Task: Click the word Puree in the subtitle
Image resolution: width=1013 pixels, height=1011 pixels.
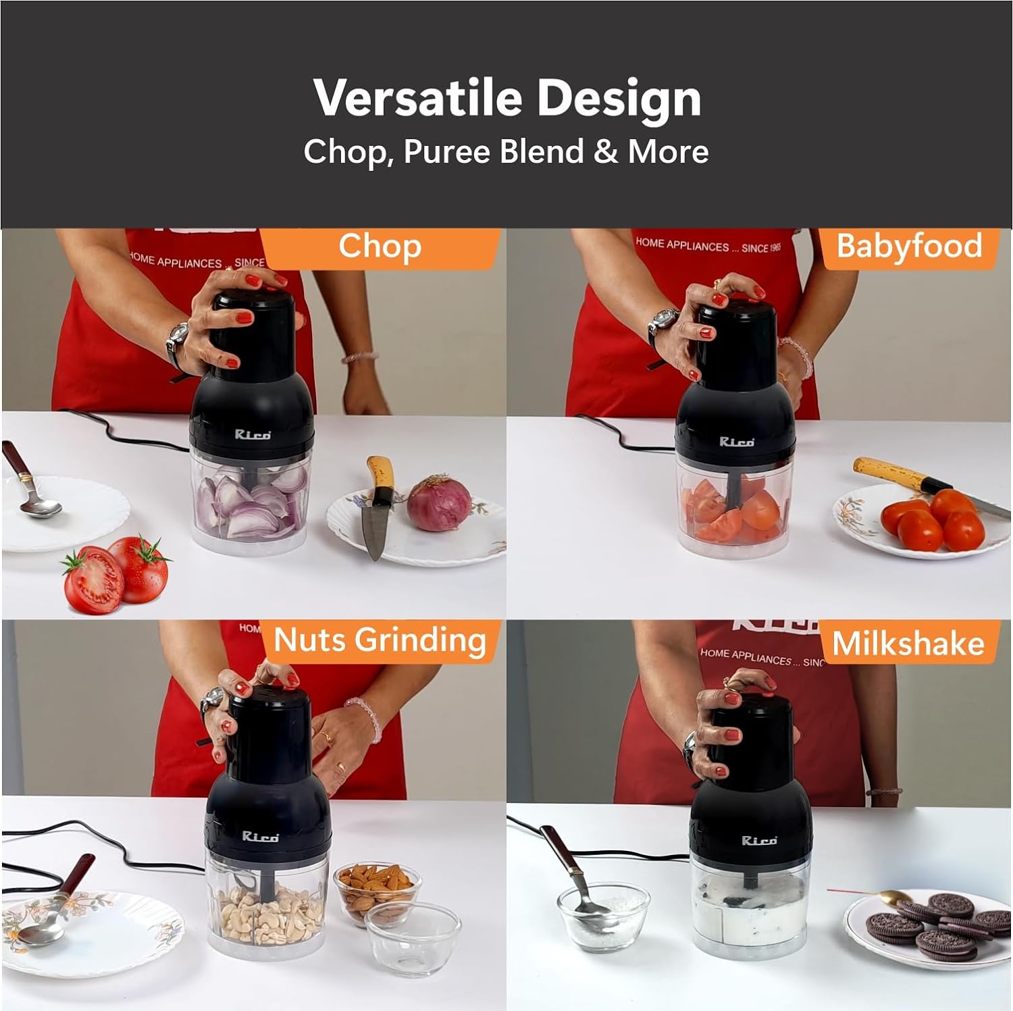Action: (447, 151)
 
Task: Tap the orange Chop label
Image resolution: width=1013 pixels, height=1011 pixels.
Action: (380, 247)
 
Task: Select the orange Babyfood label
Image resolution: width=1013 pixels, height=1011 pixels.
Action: (909, 246)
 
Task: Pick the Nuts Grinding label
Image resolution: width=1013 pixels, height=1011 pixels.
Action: (380, 640)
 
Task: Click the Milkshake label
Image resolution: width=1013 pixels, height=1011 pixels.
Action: (908, 644)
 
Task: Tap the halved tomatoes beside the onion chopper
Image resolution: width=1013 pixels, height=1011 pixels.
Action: (115, 574)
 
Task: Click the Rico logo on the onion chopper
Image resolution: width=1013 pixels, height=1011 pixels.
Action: (253, 434)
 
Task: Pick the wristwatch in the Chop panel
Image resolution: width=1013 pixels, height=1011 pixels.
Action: (178, 337)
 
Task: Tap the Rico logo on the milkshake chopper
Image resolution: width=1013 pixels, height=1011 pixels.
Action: (759, 840)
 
